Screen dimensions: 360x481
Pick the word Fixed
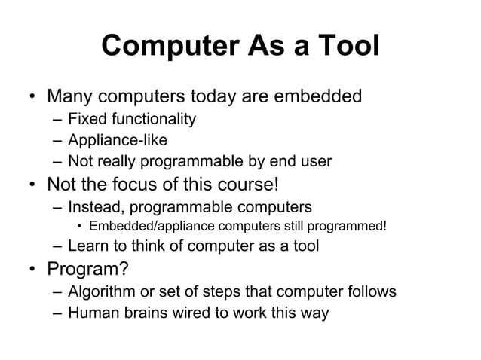[x=85, y=119]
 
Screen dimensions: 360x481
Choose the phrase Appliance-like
[x=117, y=140]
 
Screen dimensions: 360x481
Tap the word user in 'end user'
[x=316, y=161]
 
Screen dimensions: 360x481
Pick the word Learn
[x=87, y=246]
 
